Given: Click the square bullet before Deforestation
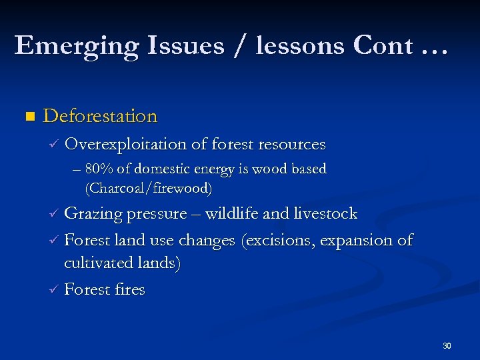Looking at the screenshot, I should [x=28, y=117].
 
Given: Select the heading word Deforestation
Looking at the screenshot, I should [x=100, y=116].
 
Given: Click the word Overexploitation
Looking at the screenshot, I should [x=127, y=144].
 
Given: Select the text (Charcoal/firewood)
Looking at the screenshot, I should [x=149, y=189].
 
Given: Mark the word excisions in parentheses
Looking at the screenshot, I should [x=279, y=240].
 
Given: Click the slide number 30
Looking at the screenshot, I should [x=447, y=346].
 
